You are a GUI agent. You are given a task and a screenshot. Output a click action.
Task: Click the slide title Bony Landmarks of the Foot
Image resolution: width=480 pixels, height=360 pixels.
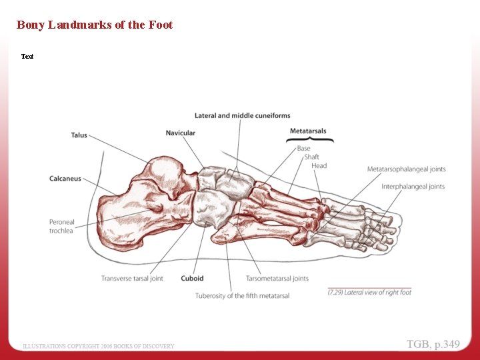point(94,25)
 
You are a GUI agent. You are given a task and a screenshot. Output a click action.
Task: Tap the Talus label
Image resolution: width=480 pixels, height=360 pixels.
point(79,135)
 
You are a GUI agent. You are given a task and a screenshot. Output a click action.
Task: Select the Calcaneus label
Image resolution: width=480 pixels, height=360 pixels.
point(65,179)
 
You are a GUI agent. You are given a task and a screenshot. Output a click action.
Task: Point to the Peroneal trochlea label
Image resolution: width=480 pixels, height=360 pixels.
point(62,226)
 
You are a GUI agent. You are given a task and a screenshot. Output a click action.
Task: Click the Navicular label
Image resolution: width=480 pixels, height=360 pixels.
point(181,133)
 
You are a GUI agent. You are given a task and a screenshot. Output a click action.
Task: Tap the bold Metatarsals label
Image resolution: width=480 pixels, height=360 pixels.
point(308,131)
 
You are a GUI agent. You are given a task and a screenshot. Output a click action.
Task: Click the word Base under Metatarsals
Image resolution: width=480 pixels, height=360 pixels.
point(303,149)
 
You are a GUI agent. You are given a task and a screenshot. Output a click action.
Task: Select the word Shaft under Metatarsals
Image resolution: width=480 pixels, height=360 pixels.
point(311,157)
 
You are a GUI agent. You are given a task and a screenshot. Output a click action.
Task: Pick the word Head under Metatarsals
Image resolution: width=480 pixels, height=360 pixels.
point(319,166)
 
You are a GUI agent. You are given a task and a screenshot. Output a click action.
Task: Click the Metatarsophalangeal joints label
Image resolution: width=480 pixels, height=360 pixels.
point(407,169)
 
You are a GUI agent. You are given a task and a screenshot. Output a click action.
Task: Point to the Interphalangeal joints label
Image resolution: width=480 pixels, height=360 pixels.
point(413,187)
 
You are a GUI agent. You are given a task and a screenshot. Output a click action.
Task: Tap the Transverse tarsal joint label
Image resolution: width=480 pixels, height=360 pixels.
point(132,279)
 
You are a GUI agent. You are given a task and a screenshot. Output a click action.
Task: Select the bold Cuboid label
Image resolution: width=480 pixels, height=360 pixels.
point(192,279)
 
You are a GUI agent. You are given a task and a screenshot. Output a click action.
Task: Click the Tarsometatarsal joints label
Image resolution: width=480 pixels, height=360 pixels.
point(277,279)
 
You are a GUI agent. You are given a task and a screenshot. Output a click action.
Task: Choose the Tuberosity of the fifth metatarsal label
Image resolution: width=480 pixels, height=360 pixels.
point(242,295)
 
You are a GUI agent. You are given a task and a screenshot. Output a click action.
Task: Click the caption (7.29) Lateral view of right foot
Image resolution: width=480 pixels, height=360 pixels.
point(369,293)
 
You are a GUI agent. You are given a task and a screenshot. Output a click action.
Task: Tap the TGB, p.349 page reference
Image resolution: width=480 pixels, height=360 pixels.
point(433,345)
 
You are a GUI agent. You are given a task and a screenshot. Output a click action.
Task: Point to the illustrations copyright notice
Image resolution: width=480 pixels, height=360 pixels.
point(99,346)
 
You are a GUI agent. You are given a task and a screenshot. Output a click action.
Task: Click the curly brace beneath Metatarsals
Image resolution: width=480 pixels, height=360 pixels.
point(310,139)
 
